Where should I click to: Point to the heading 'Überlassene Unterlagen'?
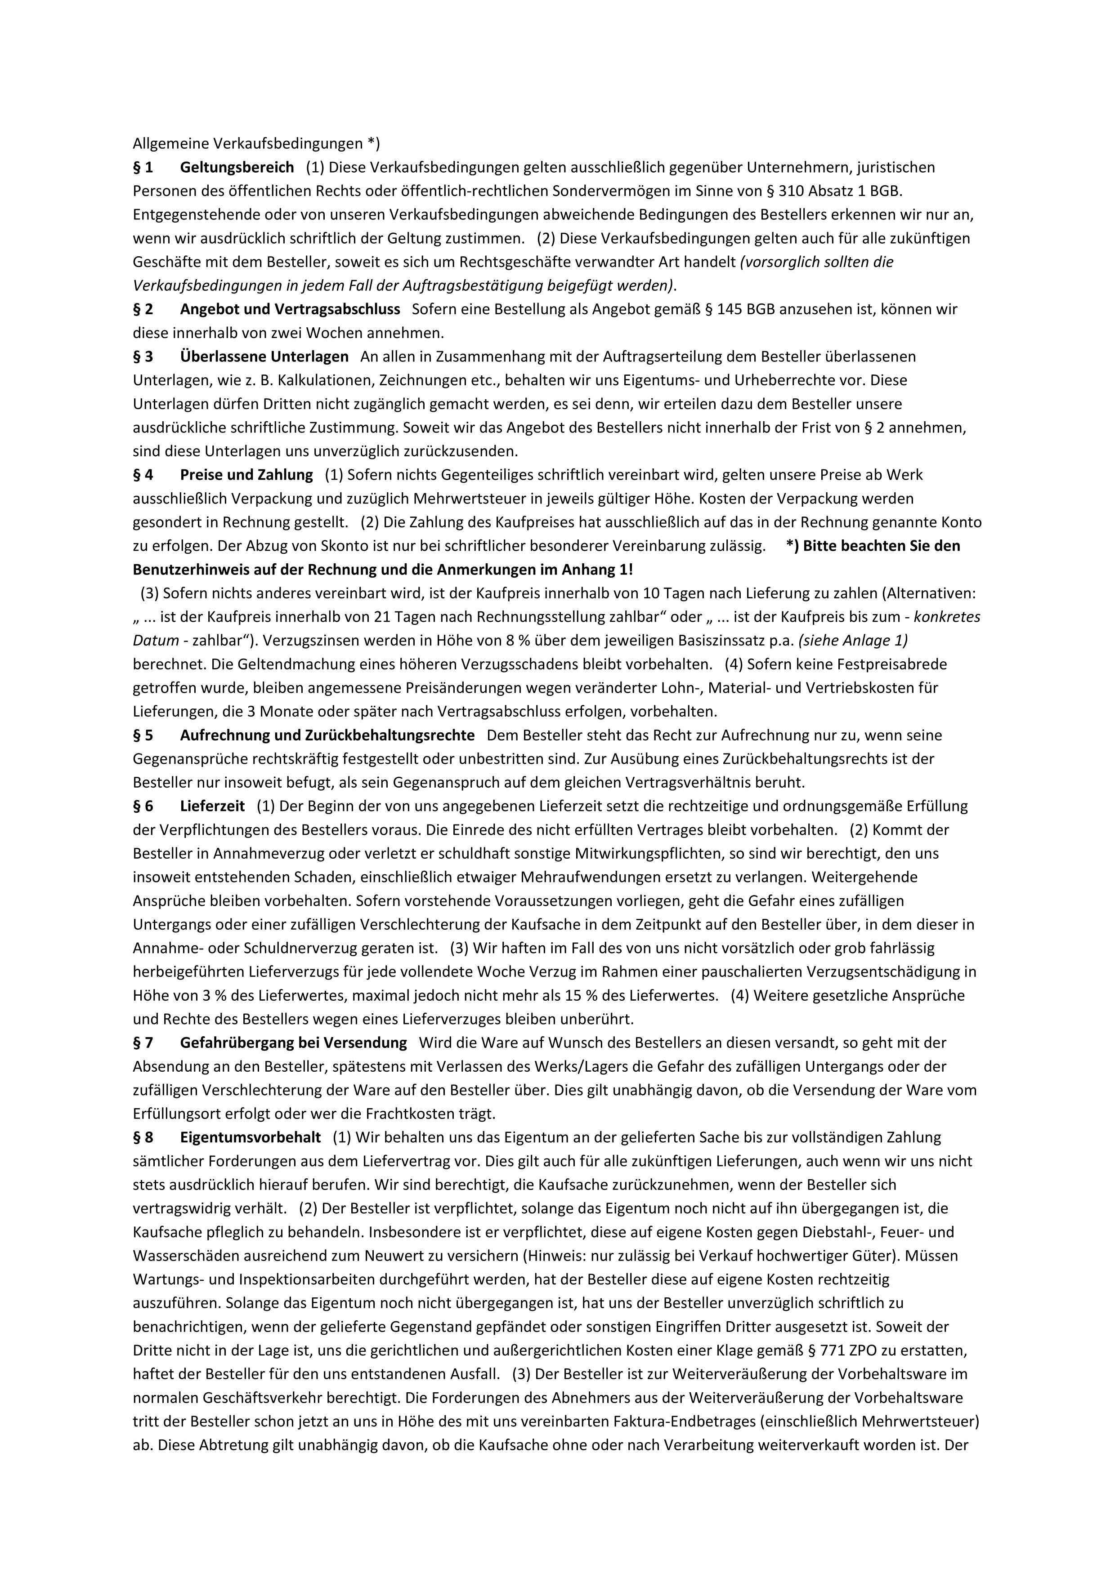[x=264, y=356]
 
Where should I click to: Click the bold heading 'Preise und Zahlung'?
[x=246, y=475]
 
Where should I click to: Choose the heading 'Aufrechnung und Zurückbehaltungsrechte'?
[x=327, y=735]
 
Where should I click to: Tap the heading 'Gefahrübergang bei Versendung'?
[x=293, y=1042]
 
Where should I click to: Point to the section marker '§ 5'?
[x=143, y=735]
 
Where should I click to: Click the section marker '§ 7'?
[x=143, y=1042]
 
